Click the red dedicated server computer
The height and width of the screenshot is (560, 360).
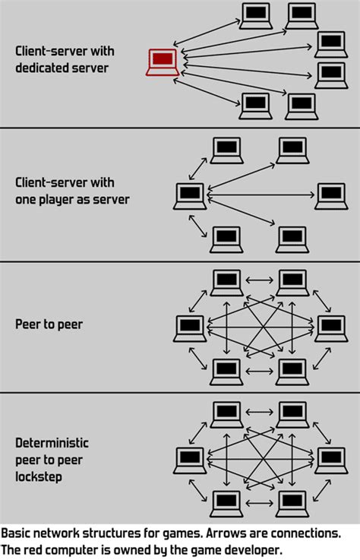tap(162, 62)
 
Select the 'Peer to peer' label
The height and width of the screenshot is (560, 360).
tap(48, 324)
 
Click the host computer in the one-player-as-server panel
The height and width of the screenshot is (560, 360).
tap(189, 196)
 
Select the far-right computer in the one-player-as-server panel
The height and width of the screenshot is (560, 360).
tap(331, 196)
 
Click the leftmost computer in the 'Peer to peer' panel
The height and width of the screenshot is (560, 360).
tap(189, 327)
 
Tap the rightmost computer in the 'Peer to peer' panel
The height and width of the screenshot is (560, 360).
tap(331, 327)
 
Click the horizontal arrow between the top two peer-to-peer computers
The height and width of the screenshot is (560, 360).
tap(260, 280)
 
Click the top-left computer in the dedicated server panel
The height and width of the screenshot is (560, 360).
tap(256, 14)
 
